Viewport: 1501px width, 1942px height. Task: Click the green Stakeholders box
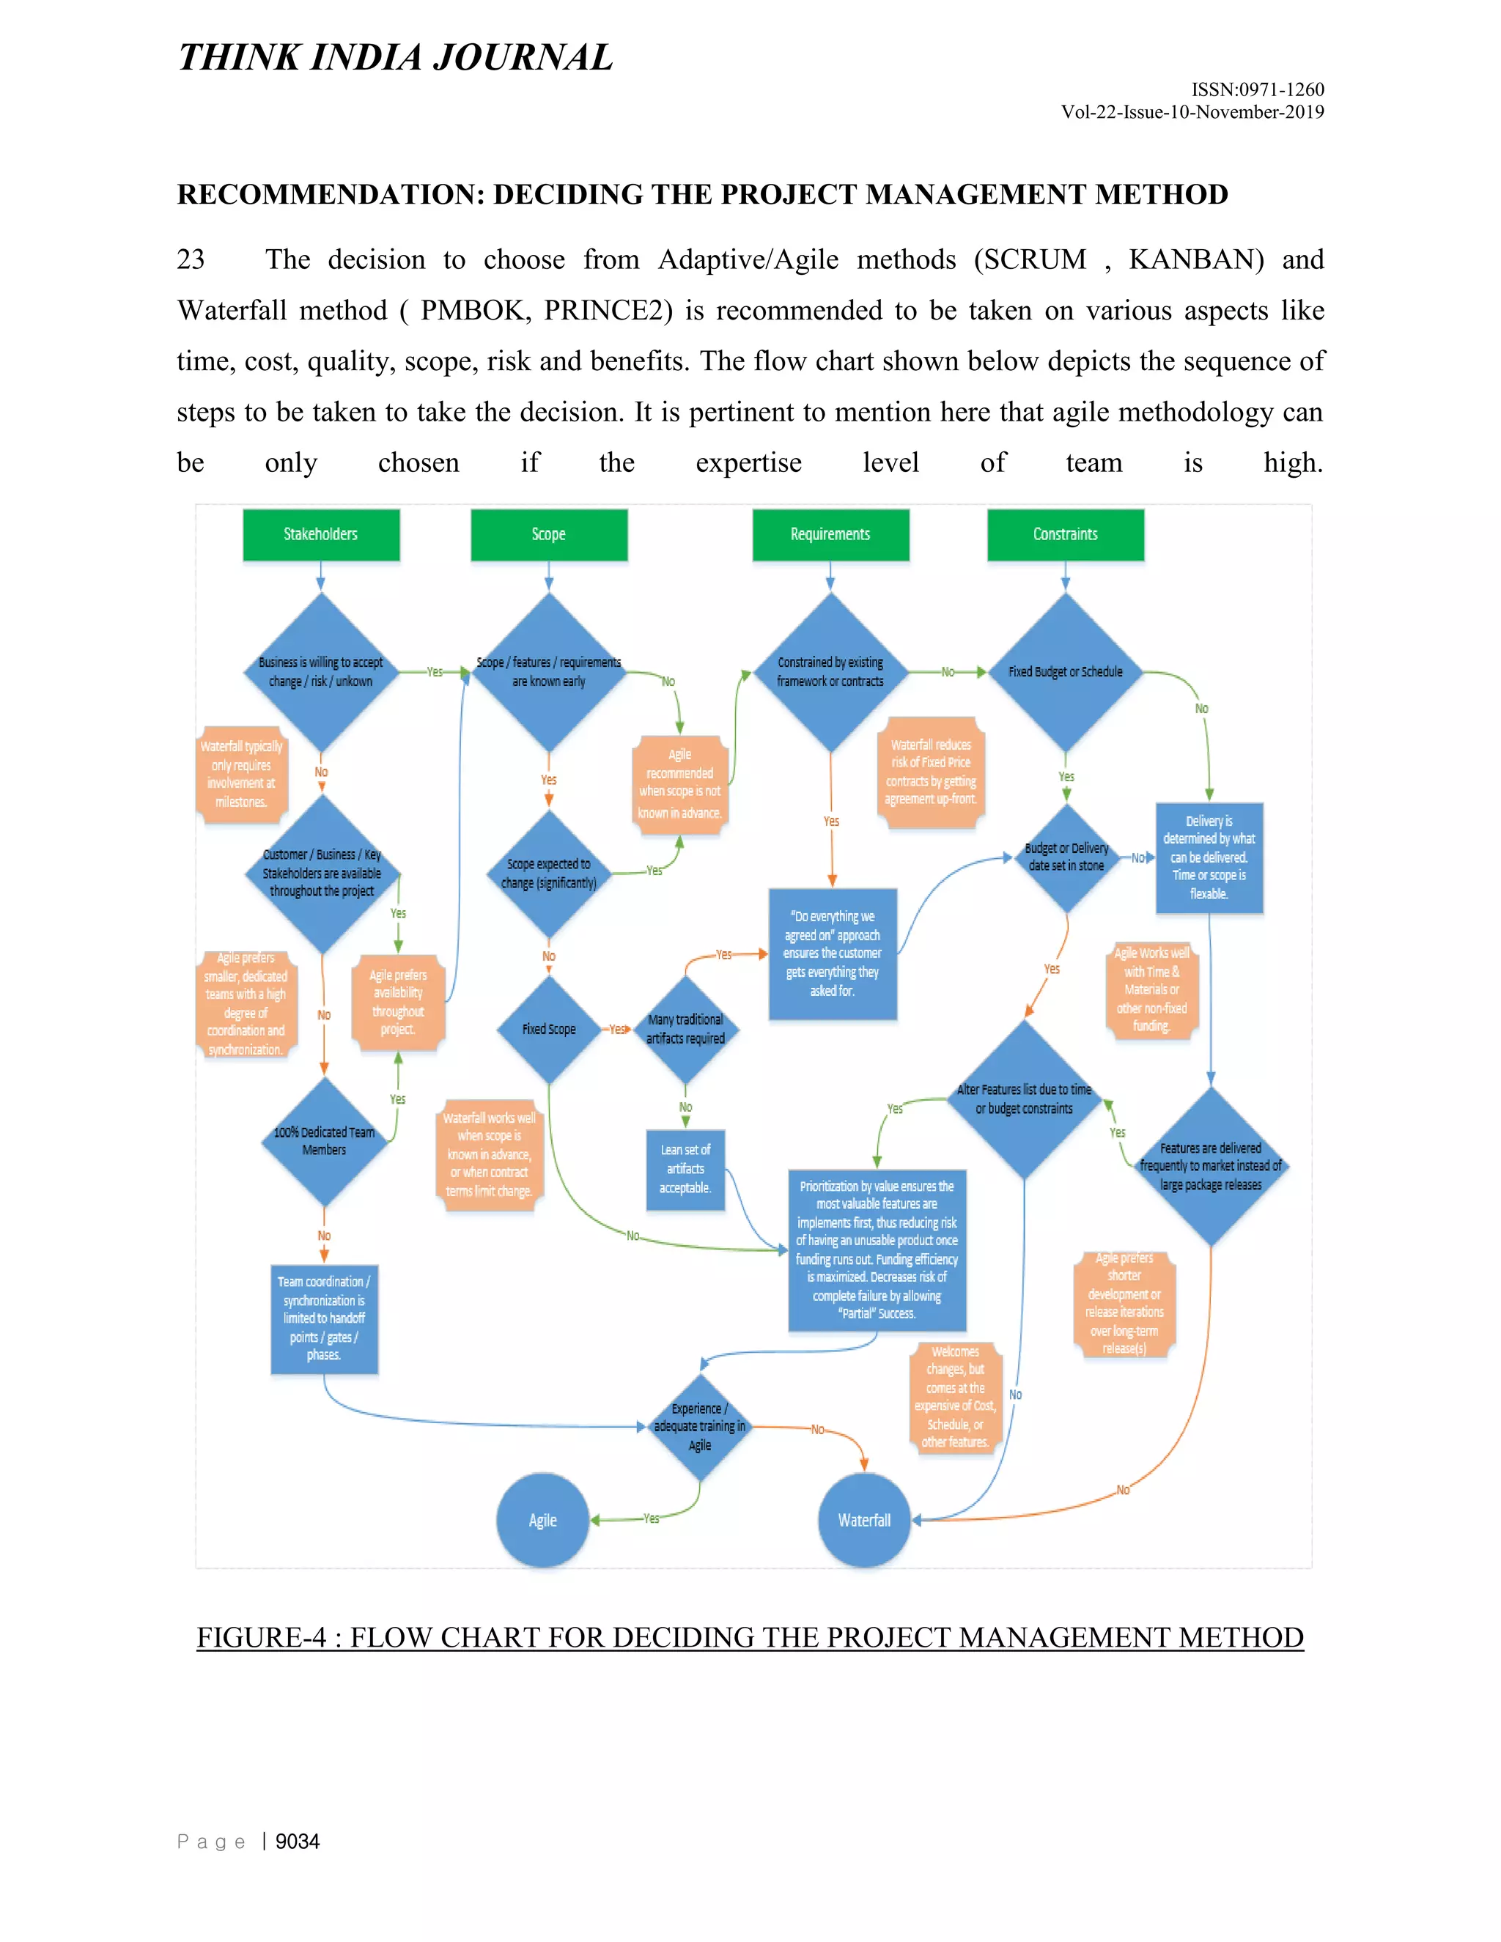(321, 534)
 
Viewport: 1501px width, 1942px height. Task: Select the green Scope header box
(549, 534)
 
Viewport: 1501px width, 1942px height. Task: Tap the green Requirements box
(830, 534)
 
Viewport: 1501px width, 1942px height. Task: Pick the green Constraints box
(1065, 534)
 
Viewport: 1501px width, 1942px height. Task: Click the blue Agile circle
(542, 1520)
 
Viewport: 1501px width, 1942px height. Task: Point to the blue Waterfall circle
(864, 1520)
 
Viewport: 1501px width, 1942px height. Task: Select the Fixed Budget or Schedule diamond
(1065, 672)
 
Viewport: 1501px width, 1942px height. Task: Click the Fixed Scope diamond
(549, 1029)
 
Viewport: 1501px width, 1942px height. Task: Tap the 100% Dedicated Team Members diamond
(324, 1141)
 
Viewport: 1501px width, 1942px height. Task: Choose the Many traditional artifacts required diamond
(685, 1029)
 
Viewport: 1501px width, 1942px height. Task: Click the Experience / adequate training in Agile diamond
(700, 1426)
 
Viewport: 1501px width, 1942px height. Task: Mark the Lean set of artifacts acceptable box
(685, 1170)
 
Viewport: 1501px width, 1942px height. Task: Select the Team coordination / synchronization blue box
(324, 1318)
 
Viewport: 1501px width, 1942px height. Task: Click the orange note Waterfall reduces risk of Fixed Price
(931, 772)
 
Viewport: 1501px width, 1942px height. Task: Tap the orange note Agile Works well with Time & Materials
(1151, 989)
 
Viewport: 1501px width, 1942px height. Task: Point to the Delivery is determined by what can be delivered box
(1209, 858)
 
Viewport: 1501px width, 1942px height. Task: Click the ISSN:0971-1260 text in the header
(1258, 90)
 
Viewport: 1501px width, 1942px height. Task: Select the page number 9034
(297, 1842)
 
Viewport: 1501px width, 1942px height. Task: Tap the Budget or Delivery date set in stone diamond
(1066, 857)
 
